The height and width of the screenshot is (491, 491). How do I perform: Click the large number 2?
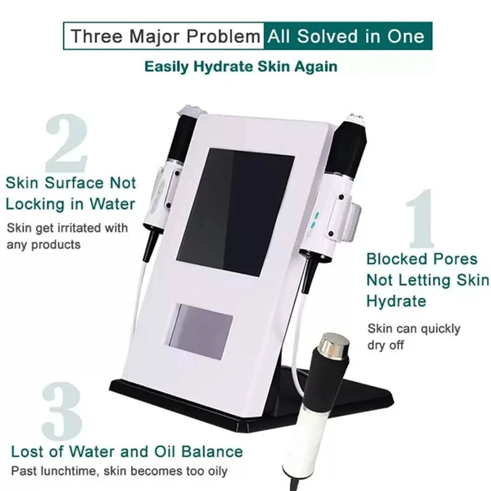coord(66,144)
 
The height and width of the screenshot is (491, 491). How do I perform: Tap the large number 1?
coord(420,219)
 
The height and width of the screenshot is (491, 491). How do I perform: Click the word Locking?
coord(37,204)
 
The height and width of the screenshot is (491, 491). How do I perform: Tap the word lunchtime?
coord(69,471)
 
